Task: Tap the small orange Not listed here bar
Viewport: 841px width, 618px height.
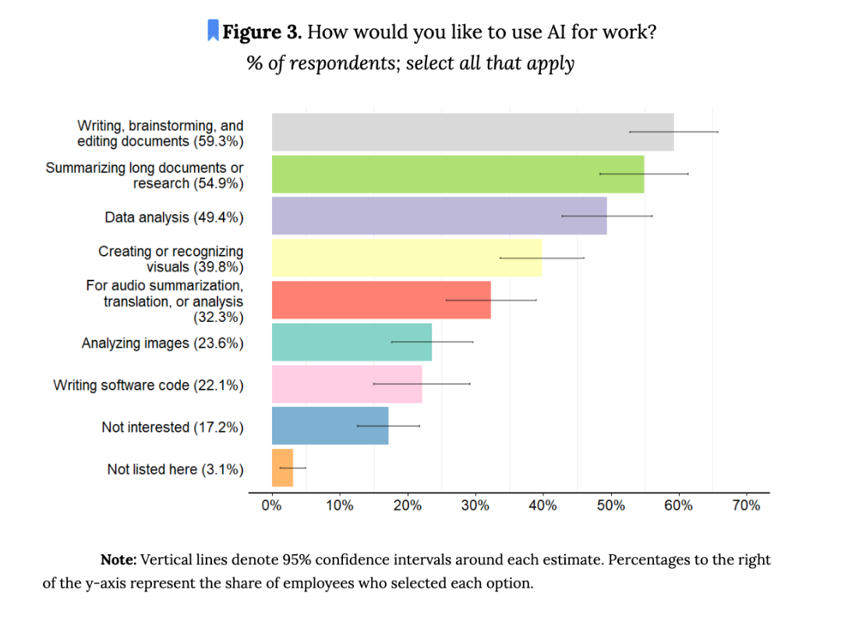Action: (x=282, y=468)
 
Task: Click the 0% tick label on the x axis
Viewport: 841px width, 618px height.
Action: (x=271, y=506)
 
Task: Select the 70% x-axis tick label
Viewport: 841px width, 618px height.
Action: (x=746, y=506)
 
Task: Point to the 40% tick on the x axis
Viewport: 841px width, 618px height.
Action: (x=542, y=506)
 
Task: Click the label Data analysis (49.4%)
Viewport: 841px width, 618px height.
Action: (x=174, y=217)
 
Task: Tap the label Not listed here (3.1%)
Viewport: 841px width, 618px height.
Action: (x=175, y=469)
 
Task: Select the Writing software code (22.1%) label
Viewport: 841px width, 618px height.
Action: (x=148, y=385)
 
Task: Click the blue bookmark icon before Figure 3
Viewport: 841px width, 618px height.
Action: (x=212, y=31)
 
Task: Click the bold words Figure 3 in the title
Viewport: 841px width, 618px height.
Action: (x=261, y=32)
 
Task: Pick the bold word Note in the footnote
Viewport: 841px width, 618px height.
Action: (x=118, y=560)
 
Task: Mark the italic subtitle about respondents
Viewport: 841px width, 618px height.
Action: (x=411, y=63)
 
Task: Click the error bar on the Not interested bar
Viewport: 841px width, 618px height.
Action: (x=388, y=426)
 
